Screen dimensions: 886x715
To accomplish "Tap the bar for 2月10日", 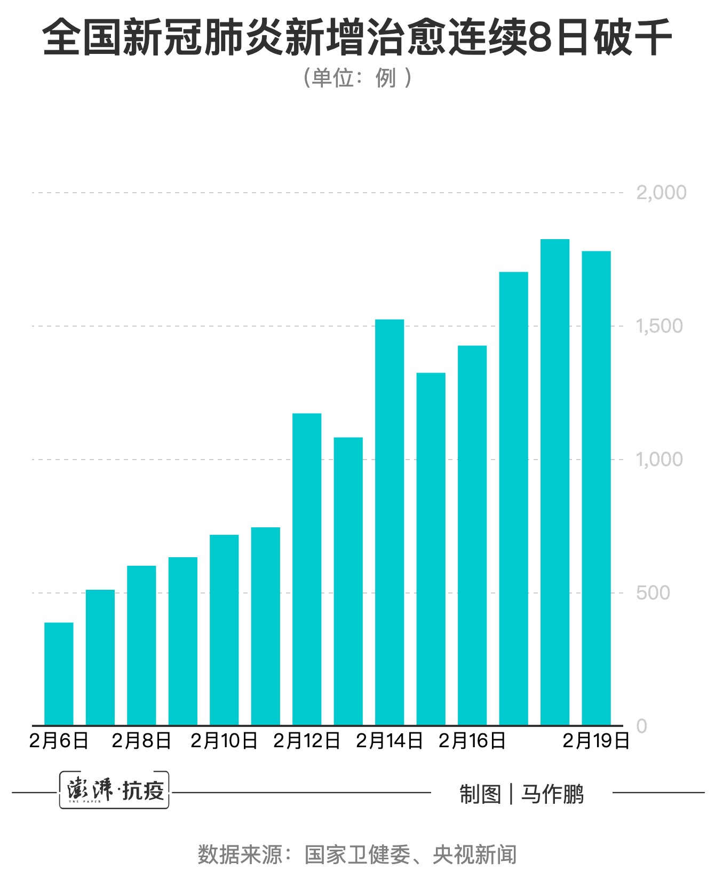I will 224,630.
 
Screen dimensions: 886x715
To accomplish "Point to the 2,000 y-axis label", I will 661,193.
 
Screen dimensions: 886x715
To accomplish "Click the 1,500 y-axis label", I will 659,326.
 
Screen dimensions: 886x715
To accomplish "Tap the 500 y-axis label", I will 653,592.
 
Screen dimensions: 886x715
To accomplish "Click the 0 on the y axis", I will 642,726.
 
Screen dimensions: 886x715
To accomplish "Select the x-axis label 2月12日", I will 307,741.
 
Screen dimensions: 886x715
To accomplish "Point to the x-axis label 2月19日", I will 596,741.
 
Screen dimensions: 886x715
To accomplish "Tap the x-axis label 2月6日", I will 59,741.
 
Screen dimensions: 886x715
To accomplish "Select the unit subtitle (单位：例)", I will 357,78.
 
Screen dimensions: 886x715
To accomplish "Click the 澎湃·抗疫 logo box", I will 114,790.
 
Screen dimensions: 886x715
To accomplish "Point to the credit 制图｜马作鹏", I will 521,794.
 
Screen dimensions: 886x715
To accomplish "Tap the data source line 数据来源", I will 357,855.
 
